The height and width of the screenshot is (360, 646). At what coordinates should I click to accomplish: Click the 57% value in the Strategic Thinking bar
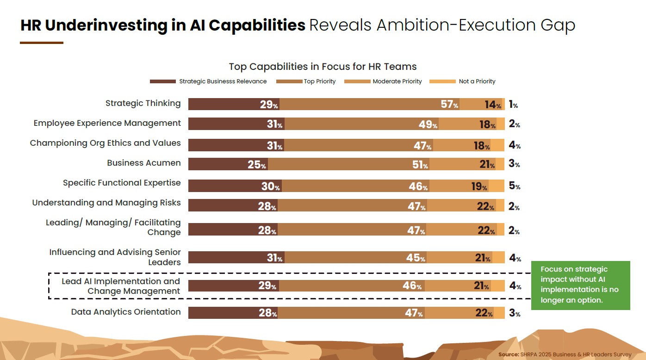click(449, 105)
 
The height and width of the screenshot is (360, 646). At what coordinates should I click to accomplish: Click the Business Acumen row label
click(143, 163)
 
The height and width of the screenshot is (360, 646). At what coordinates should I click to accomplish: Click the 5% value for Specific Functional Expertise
click(514, 186)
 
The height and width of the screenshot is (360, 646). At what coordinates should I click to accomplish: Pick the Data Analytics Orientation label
click(126, 312)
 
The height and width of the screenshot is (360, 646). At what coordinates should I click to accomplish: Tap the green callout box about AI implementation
click(580, 285)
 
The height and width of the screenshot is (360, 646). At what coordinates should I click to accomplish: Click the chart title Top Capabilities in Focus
click(323, 67)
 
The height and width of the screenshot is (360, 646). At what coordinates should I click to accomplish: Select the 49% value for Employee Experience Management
click(428, 124)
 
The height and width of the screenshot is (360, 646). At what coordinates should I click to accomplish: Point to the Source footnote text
click(565, 354)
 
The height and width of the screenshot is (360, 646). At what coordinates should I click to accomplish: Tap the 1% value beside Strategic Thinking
click(513, 105)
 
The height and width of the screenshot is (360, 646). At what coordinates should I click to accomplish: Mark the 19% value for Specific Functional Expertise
click(479, 186)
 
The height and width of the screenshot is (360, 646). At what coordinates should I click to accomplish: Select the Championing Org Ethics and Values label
click(105, 143)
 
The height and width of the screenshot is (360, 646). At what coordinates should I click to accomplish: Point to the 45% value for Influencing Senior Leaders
click(416, 258)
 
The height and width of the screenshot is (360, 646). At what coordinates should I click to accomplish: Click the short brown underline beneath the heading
click(42, 43)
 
